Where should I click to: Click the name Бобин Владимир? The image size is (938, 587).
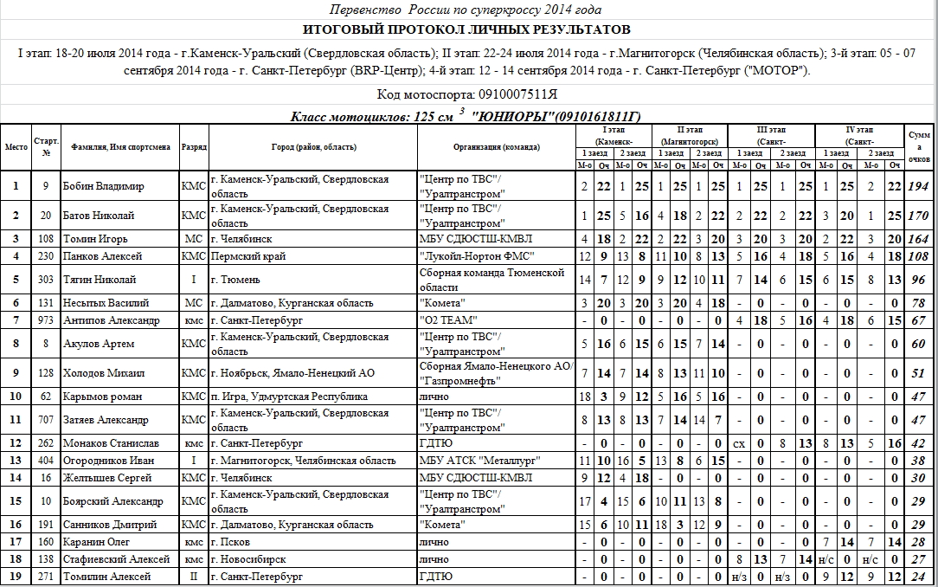[104, 186]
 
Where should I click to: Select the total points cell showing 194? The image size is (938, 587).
[919, 186]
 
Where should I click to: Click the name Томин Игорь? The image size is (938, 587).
[96, 239]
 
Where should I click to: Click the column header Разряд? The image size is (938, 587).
[194, 147]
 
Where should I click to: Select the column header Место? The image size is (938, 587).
[16, 147]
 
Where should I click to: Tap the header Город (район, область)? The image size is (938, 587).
[308, 147]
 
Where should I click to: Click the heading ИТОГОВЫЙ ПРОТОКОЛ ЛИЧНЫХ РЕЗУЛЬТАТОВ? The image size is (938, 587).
[468, 29]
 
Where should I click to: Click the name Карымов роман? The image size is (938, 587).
[102, 397]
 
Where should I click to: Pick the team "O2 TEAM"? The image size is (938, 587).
[448, 320]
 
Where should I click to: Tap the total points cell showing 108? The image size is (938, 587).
[919, 256]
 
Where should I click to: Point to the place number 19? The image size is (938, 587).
[16, 577]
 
